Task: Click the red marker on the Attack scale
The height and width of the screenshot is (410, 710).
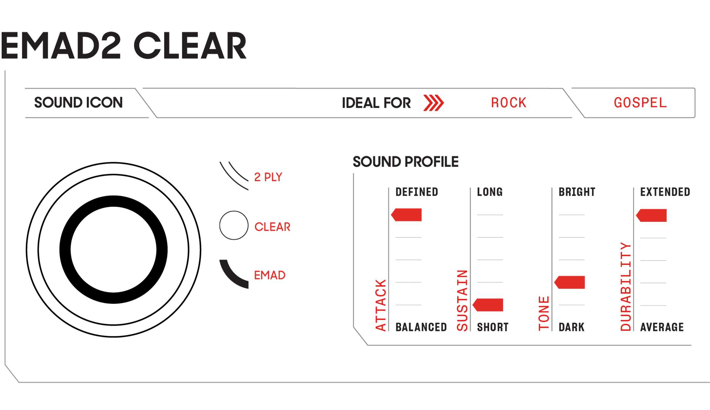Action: (x=406, y=215)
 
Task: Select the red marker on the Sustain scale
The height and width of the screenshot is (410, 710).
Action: (x=488, y=305)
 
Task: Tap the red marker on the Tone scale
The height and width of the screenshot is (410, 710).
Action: (x=569, y=283)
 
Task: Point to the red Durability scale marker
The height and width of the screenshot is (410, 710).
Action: (x=651, y=215)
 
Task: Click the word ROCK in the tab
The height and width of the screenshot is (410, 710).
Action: (x=509, y=103)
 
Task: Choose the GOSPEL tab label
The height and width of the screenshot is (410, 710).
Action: (x=640, y=103)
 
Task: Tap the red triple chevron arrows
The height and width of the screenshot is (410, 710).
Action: (x=433, y=103)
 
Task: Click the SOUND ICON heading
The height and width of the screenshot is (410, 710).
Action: (x=79, y=103)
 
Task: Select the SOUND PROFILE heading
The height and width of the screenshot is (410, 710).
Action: (x=405, y=162)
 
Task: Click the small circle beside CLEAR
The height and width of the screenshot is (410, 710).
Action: (x=234, y=225)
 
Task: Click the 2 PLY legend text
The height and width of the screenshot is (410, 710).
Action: (x=268, y=177)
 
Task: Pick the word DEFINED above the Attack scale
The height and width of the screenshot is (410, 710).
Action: (x=417, y=192)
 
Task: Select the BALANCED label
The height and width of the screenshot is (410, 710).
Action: (x=421, y=327)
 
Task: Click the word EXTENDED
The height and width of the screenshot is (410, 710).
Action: (x=665, y=192)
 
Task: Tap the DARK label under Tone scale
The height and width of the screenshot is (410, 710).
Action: (x=571, y=327)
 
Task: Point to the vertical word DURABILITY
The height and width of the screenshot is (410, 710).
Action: (x=626, y=287)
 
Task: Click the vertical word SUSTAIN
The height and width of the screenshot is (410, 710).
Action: (x=462, y=301)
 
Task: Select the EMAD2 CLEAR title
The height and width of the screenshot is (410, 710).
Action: (x=124, y=46)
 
